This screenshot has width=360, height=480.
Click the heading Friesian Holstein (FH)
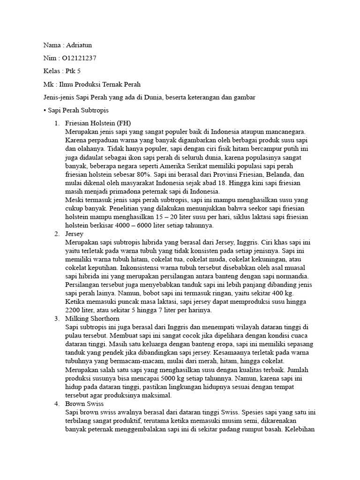coord(98,123)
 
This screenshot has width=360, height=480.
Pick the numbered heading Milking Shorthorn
coord(92,318)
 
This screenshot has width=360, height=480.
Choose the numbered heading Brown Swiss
coord(84,403)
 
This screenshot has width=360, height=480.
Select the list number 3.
coord(56,318)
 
